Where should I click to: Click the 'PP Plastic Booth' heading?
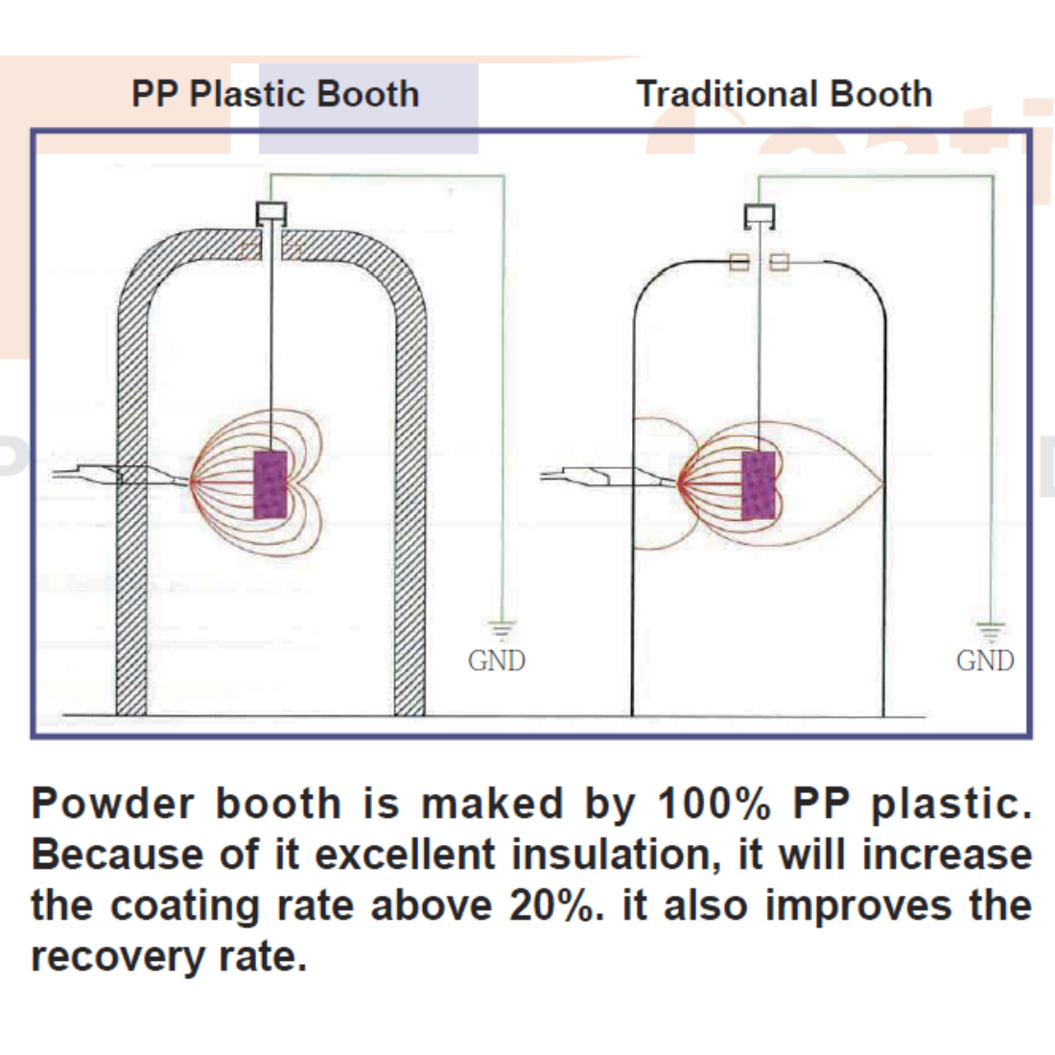(x=275, y=94)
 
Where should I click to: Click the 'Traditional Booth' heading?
(x=784, y=94)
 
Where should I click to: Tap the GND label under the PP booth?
(x=496, y=661)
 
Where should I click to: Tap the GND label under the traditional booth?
(x=985, y=661)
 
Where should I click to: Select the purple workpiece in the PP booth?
(x=271, y=484)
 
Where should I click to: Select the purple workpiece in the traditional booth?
(x=759, y=484)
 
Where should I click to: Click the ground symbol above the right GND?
(x=991, y=630)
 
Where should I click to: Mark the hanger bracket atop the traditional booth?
(x=760, y=216)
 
